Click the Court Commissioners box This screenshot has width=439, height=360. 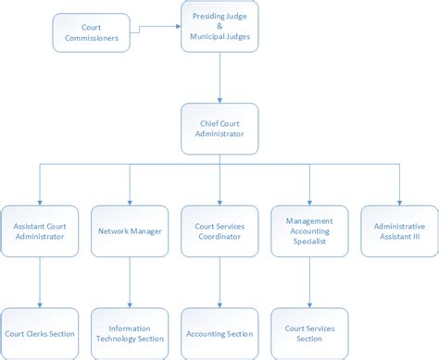tap(91, 32)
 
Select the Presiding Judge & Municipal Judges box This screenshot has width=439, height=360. tap(220, 27)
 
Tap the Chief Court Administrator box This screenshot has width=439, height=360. tap(220, 128)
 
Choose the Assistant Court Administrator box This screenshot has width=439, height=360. tap(39, 230)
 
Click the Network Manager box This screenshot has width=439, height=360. tap(129, 230)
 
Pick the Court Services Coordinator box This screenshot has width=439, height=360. tap(219, 230)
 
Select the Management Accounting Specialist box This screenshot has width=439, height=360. tap(309, 230)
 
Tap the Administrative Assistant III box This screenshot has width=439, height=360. tap(399, 230)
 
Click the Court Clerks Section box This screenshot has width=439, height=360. tap(39, 333)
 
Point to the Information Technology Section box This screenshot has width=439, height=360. tap(129, 333)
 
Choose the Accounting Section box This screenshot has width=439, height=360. tap(219, 333)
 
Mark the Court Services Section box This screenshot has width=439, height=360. tap(309, 333)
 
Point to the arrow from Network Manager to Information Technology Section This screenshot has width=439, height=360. tap(129, 281)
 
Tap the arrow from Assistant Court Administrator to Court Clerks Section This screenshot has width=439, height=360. tap(39, 281)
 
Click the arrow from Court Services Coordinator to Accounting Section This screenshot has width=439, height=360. tap(219, 281)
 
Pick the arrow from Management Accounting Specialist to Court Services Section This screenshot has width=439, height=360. tap(309, 281)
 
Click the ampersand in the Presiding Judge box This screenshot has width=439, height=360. tap(220, 27)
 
